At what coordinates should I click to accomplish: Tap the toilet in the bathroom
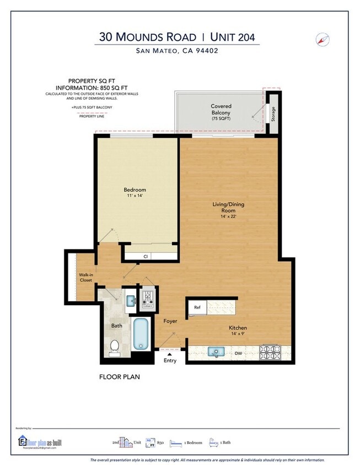tap(115, 347)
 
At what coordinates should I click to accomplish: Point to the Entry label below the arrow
tap(170, 361)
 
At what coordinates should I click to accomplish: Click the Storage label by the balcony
tap(272, 114)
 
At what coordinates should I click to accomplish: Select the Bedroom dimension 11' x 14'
tap(135, 196)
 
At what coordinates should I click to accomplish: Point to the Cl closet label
tap(146, 256)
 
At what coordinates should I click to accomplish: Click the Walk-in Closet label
tap(85, 277)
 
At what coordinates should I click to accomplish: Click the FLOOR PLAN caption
tap(120, 377)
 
